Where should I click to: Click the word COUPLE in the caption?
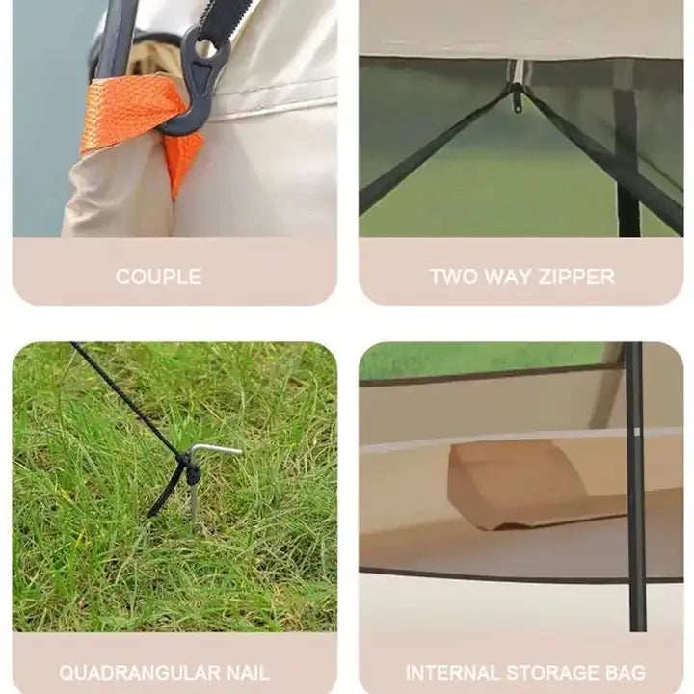pyautogui.click(x=158, y=277)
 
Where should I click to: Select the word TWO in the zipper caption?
pyautogui.click(x=453, y=277)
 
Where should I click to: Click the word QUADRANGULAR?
pyautogui.click(x=140, y=673)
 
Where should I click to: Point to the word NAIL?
pyautogui.click(x=248, y=673)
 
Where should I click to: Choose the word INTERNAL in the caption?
pyautogui.click(x=451, y=673)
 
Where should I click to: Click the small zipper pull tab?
pyautogui.click(x=517, y=105)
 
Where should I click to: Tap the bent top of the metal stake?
pyautogui.click(x=217, y=450)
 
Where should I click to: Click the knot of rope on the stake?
pyautogui.click(x=191, y=470)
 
